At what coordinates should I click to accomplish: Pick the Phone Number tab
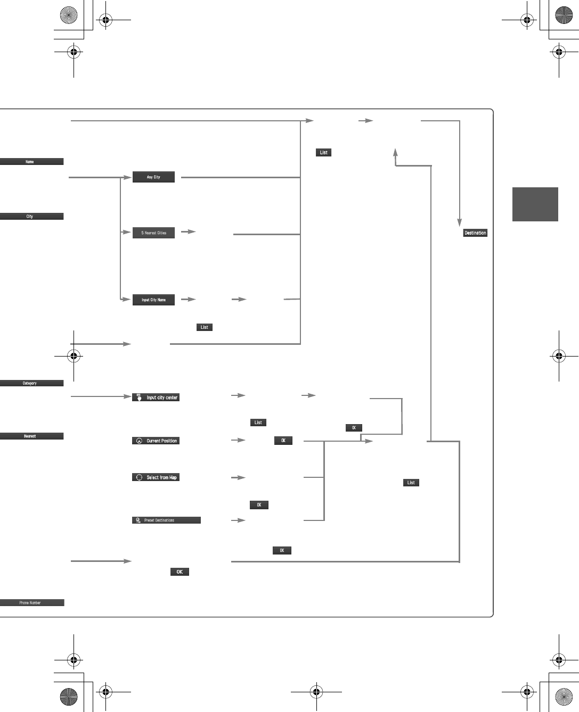[31, 603]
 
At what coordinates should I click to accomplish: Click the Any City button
[153, 177]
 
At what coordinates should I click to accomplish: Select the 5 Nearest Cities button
[153, 233]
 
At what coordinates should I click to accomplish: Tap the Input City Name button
[153, 300]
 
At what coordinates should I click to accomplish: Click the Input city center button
[156, 398]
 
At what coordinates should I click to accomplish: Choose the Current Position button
[156, 441]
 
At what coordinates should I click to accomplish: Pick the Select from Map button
[156, 477]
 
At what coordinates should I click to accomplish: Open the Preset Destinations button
[166, 520]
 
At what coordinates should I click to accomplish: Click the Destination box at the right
[475, 233]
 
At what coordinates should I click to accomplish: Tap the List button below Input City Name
[205, 327]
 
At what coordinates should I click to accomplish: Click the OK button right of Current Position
[283, 441]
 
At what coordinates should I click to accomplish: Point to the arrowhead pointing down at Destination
[459, 222]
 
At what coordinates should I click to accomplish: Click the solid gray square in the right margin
[535, 204]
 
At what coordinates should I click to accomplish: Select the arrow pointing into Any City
[127, 177]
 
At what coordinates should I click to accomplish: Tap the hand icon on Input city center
[139, 398]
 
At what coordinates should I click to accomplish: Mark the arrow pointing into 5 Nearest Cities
[127, 232]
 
